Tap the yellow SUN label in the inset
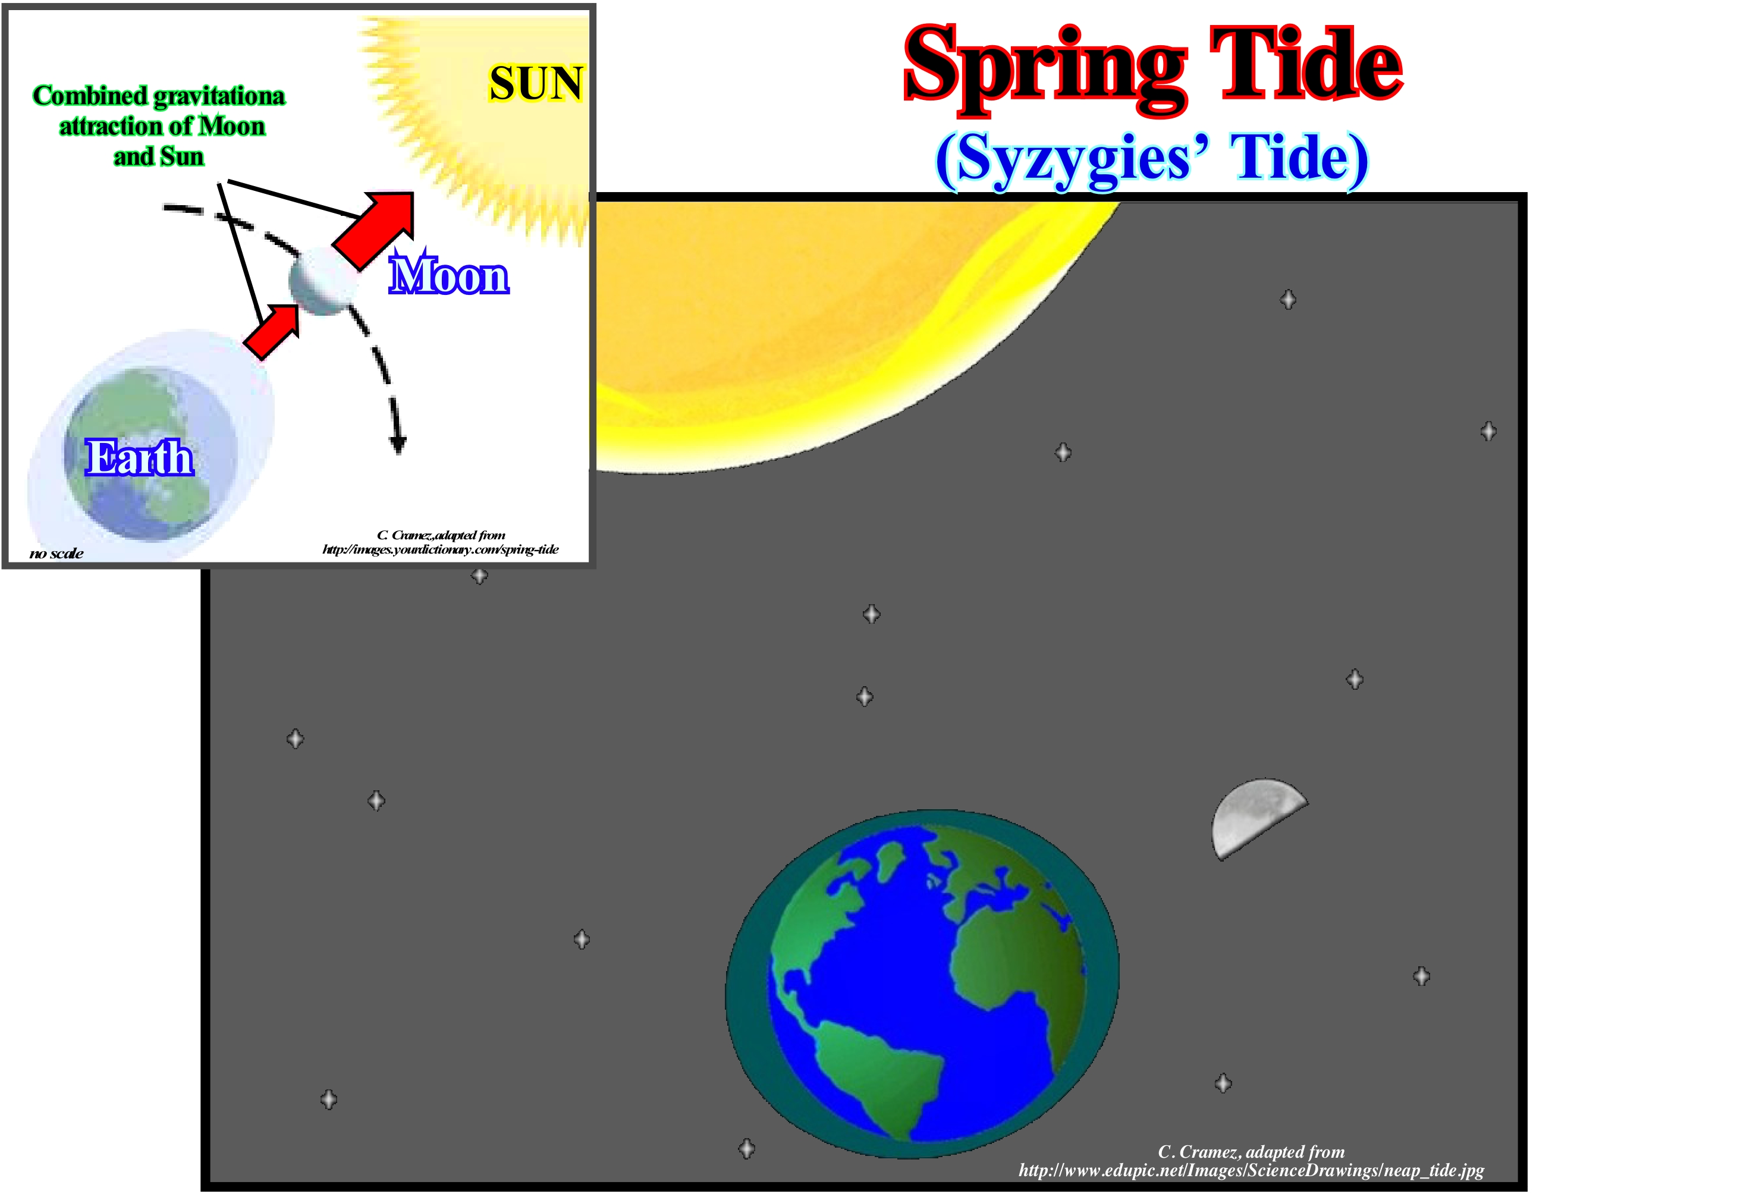[x=536, y=83]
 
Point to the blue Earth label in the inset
[x=139, y=457]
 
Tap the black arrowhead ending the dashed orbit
[x=397, y=445]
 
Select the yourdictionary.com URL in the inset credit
[x=441, y=549]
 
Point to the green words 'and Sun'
[x=159, y=156]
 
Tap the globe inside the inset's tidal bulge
[x=151, y=454]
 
